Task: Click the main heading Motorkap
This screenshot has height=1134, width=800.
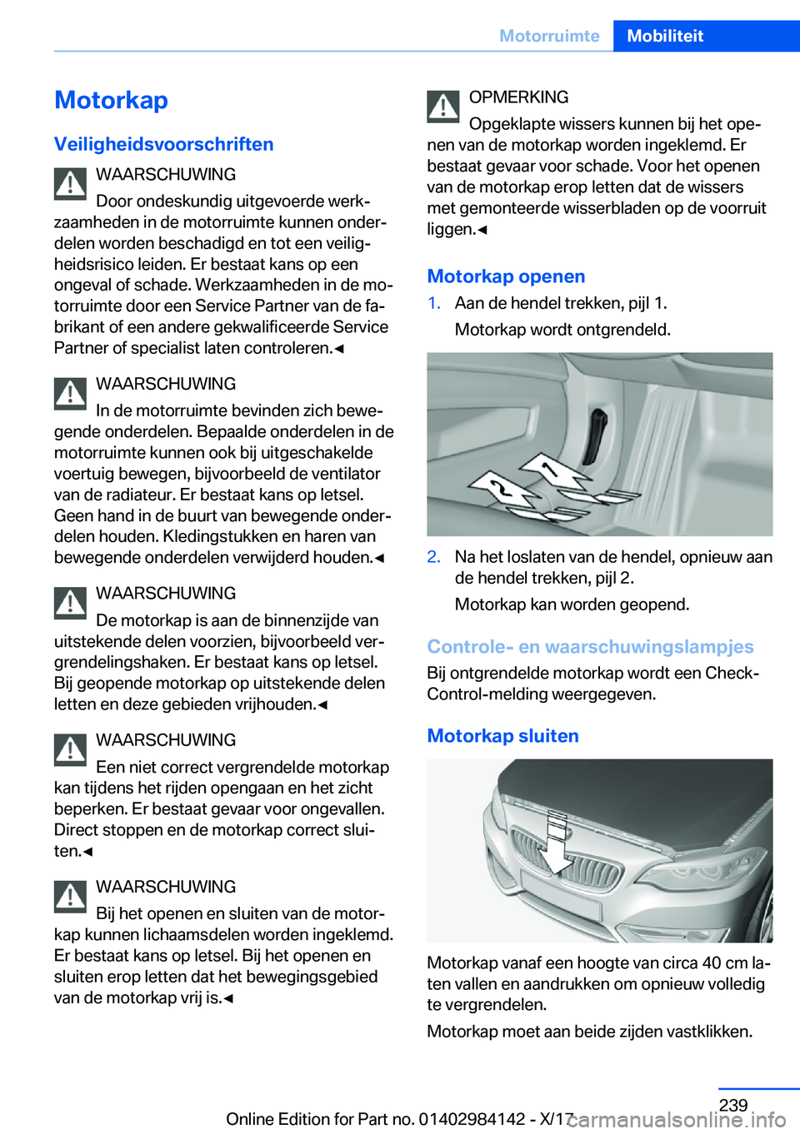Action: coord(111,101)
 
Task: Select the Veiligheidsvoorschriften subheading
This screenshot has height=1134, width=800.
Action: coord(163,144)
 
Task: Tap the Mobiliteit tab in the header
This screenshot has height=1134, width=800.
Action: coord(664,36)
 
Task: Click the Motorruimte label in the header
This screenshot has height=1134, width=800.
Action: coord(549,36)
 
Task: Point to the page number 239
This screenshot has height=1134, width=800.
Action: coord(732,1105)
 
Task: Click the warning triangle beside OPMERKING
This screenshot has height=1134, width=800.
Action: coord(443,106)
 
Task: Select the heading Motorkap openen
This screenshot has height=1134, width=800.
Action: coord(506,276)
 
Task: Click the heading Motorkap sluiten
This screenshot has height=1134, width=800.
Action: coord(502,736)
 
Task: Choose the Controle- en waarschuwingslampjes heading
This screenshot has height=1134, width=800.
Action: coord(590,647)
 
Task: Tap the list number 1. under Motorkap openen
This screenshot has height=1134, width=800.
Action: coord(434,303)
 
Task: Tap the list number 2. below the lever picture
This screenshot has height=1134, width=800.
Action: coord(434,557)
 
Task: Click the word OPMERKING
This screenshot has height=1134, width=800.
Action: coord(518,97)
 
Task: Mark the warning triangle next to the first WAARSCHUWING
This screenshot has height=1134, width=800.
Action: coord(71,184)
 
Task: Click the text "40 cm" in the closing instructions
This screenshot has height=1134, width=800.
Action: coord(724,962)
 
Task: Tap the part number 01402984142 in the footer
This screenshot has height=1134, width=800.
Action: coord(472,1119)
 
